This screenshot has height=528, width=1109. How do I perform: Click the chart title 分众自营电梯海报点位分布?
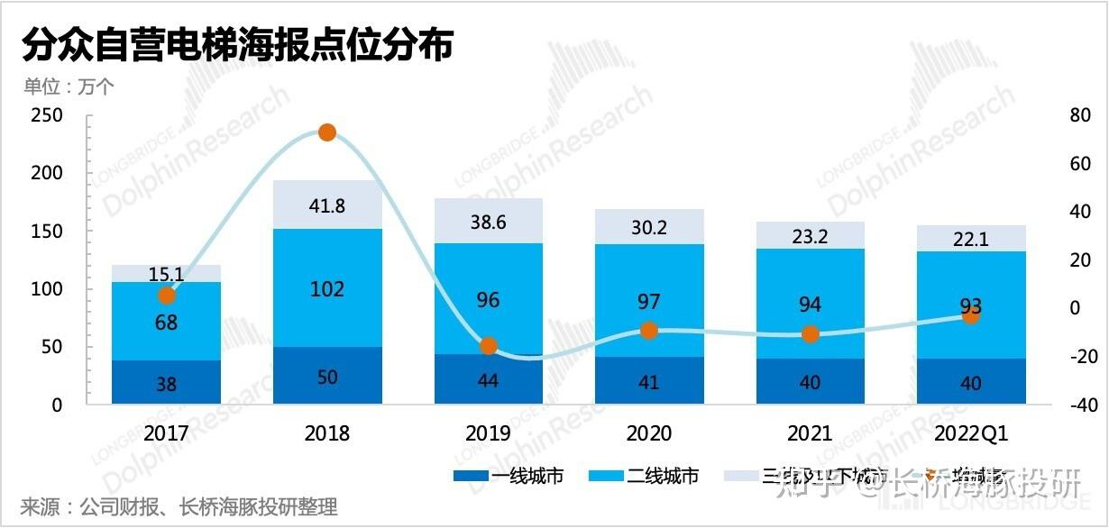click(x=236, y=45)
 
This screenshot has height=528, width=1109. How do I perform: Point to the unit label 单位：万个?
click(x=69, y=86)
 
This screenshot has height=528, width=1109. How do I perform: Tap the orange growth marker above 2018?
click(x=327, y=132)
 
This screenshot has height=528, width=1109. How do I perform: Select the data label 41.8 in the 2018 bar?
click(x=326, y=205)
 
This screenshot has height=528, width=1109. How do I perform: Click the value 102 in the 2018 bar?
click(x=326, y=289)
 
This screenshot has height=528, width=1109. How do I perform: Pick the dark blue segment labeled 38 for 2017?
click(x=166, y=384)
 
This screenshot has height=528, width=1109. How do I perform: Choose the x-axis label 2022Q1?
click(x=971, y=433)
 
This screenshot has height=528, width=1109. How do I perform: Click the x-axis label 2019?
click(x=488, y=433)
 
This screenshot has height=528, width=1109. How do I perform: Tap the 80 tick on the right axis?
click(x=1079, y=115)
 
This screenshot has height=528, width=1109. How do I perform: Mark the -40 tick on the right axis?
click(x=1077, y=405)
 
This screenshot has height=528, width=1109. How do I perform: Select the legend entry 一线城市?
click(x=509, y=476)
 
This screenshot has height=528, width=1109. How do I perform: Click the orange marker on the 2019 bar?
click(x=489, y=346)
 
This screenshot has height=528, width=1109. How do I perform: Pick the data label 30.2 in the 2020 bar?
click(x=648, y=227)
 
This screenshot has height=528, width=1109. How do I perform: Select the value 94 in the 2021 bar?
click(x=810, y=304)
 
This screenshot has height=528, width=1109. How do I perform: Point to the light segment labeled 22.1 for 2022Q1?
click(x=971, y=239)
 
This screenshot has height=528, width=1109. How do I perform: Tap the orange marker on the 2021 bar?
click(x=811, y=334)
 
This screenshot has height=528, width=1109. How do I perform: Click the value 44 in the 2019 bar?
click(x=488, y=380)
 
